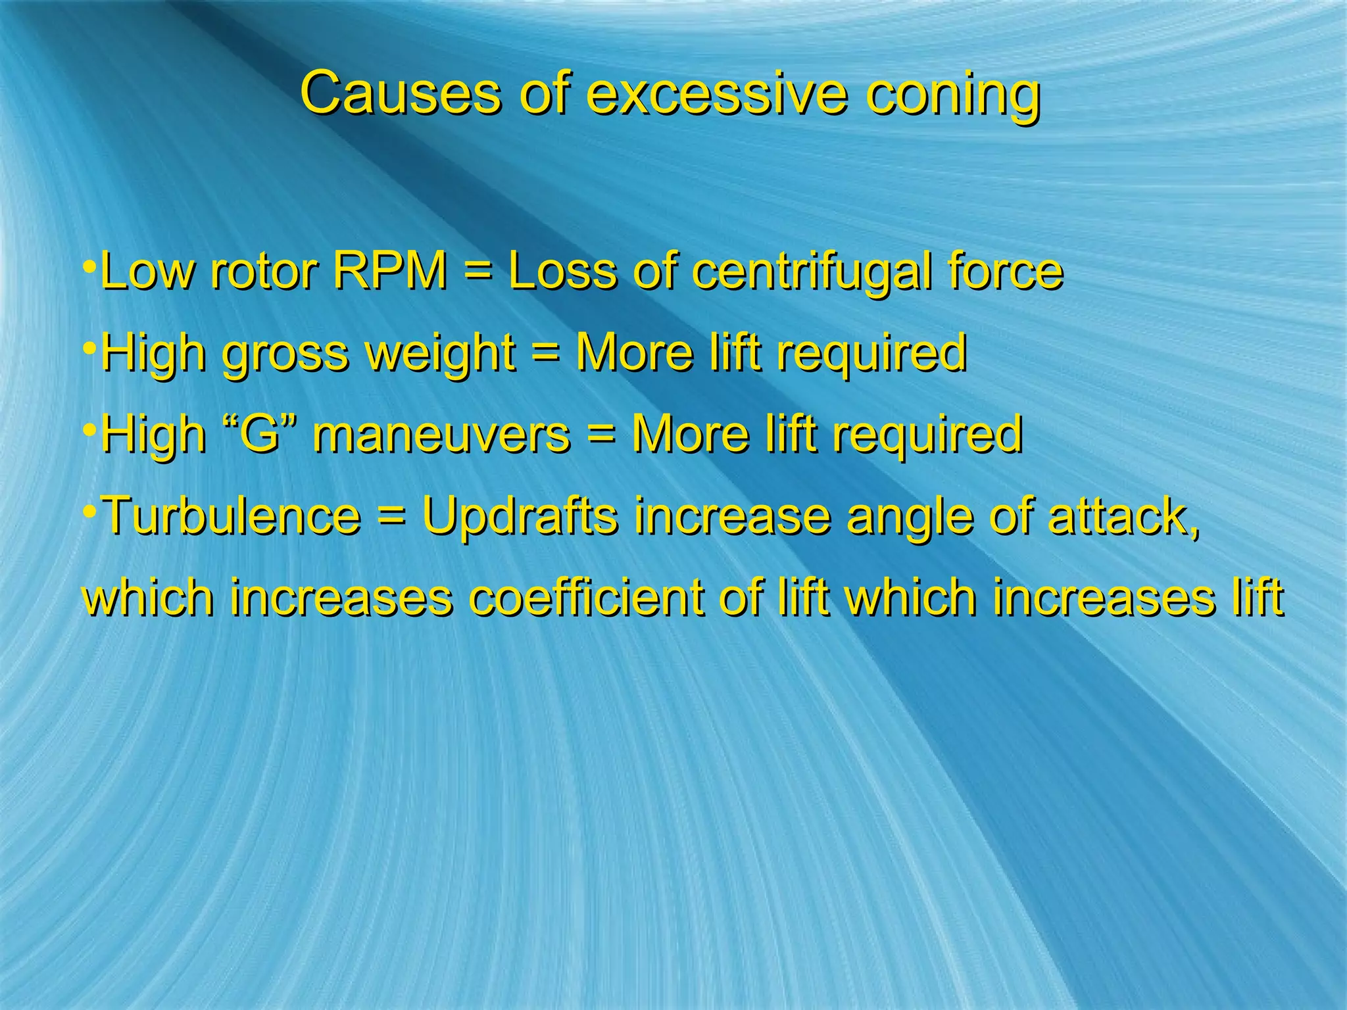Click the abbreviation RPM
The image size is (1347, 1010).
(390, 271)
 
